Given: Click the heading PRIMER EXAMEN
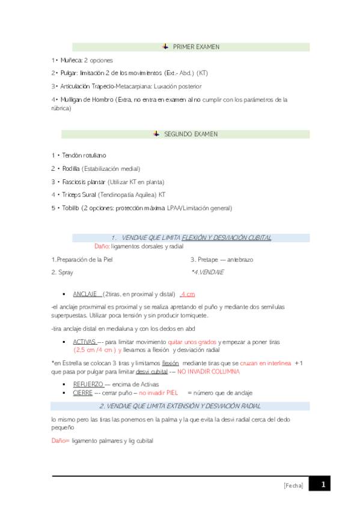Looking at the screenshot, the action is pyautogui.click(x=196, y=47).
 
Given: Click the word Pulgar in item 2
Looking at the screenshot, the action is pyautogui.click(x=69, y=73).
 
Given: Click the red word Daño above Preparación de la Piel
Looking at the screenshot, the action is pyautogui.click(x=102, y=247).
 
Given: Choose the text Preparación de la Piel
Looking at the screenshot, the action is pyautogui.click(x=82, y=260).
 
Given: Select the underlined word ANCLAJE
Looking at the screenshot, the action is pyautogui.click(x=86, y=294).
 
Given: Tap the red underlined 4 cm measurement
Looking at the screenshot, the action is pyautogui.click(x=188, y=294).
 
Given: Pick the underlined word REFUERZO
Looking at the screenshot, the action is pyautogui.click(x=88, y=384).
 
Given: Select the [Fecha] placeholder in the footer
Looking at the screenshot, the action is pyautogui.click(x=294, y=485).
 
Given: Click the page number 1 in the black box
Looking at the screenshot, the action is pyautogui.click(x=323, y=484).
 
